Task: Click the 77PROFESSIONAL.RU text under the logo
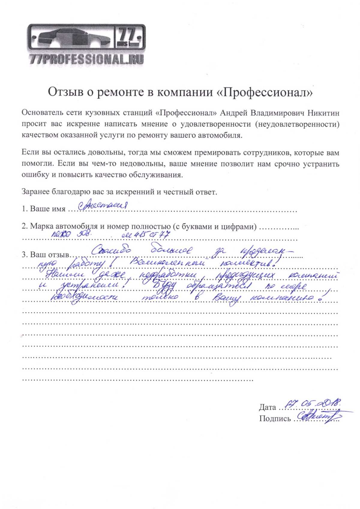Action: click(87, 59)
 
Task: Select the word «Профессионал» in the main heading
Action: click(264, 92)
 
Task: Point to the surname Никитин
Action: click(324, 113)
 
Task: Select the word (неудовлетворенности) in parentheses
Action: click(297, 124)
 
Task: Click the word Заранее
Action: click(36, 192)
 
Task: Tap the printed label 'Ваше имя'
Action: click(47, 209)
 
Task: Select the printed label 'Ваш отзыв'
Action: click(49, 255)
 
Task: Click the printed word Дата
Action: click(267, 407)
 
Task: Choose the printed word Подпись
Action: click(275, 419)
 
